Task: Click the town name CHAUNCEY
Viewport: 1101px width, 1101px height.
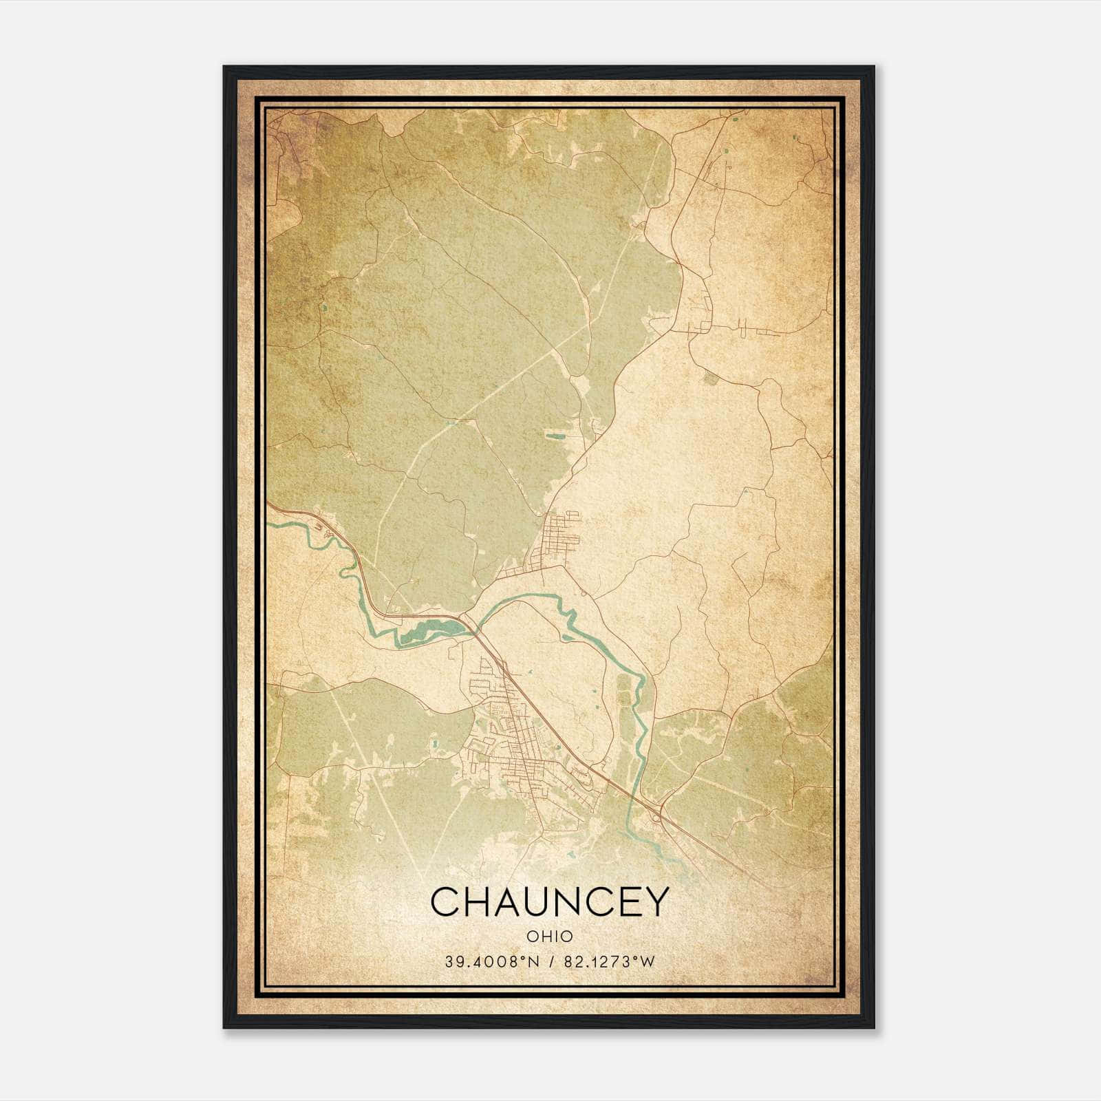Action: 549,901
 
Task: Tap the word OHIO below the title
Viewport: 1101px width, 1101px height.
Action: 549,937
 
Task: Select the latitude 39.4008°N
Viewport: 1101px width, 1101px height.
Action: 490,962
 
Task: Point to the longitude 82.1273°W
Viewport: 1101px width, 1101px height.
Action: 610,962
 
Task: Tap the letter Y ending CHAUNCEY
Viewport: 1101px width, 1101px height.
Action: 654,901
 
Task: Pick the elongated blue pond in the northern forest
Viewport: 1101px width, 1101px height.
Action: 555,435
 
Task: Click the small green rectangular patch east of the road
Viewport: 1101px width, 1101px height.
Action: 710,377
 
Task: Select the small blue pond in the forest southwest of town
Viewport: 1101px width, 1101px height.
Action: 434,744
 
